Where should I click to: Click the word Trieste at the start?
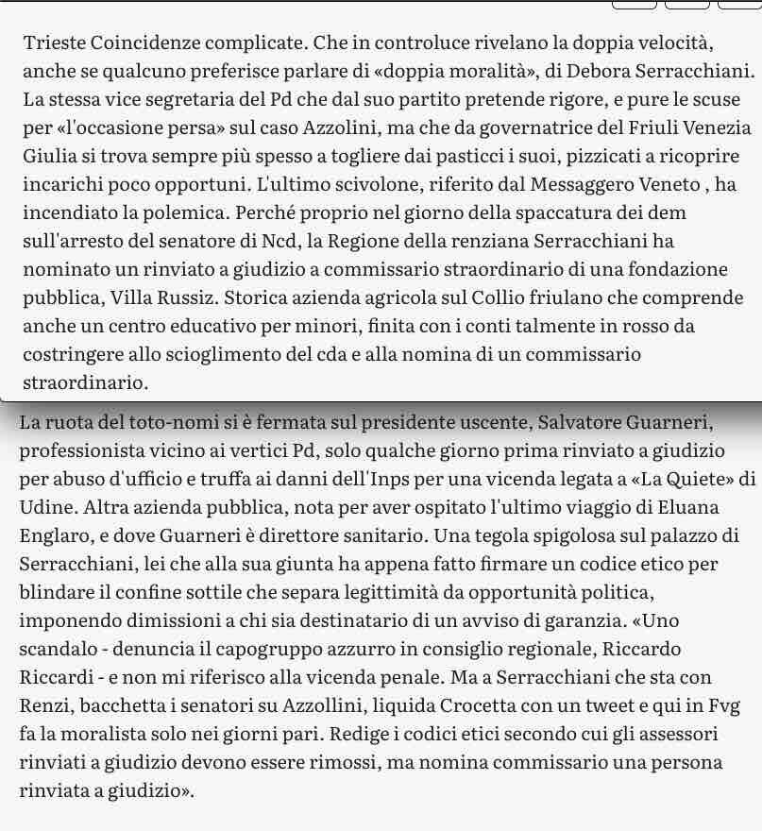click(x=53, y=42)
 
